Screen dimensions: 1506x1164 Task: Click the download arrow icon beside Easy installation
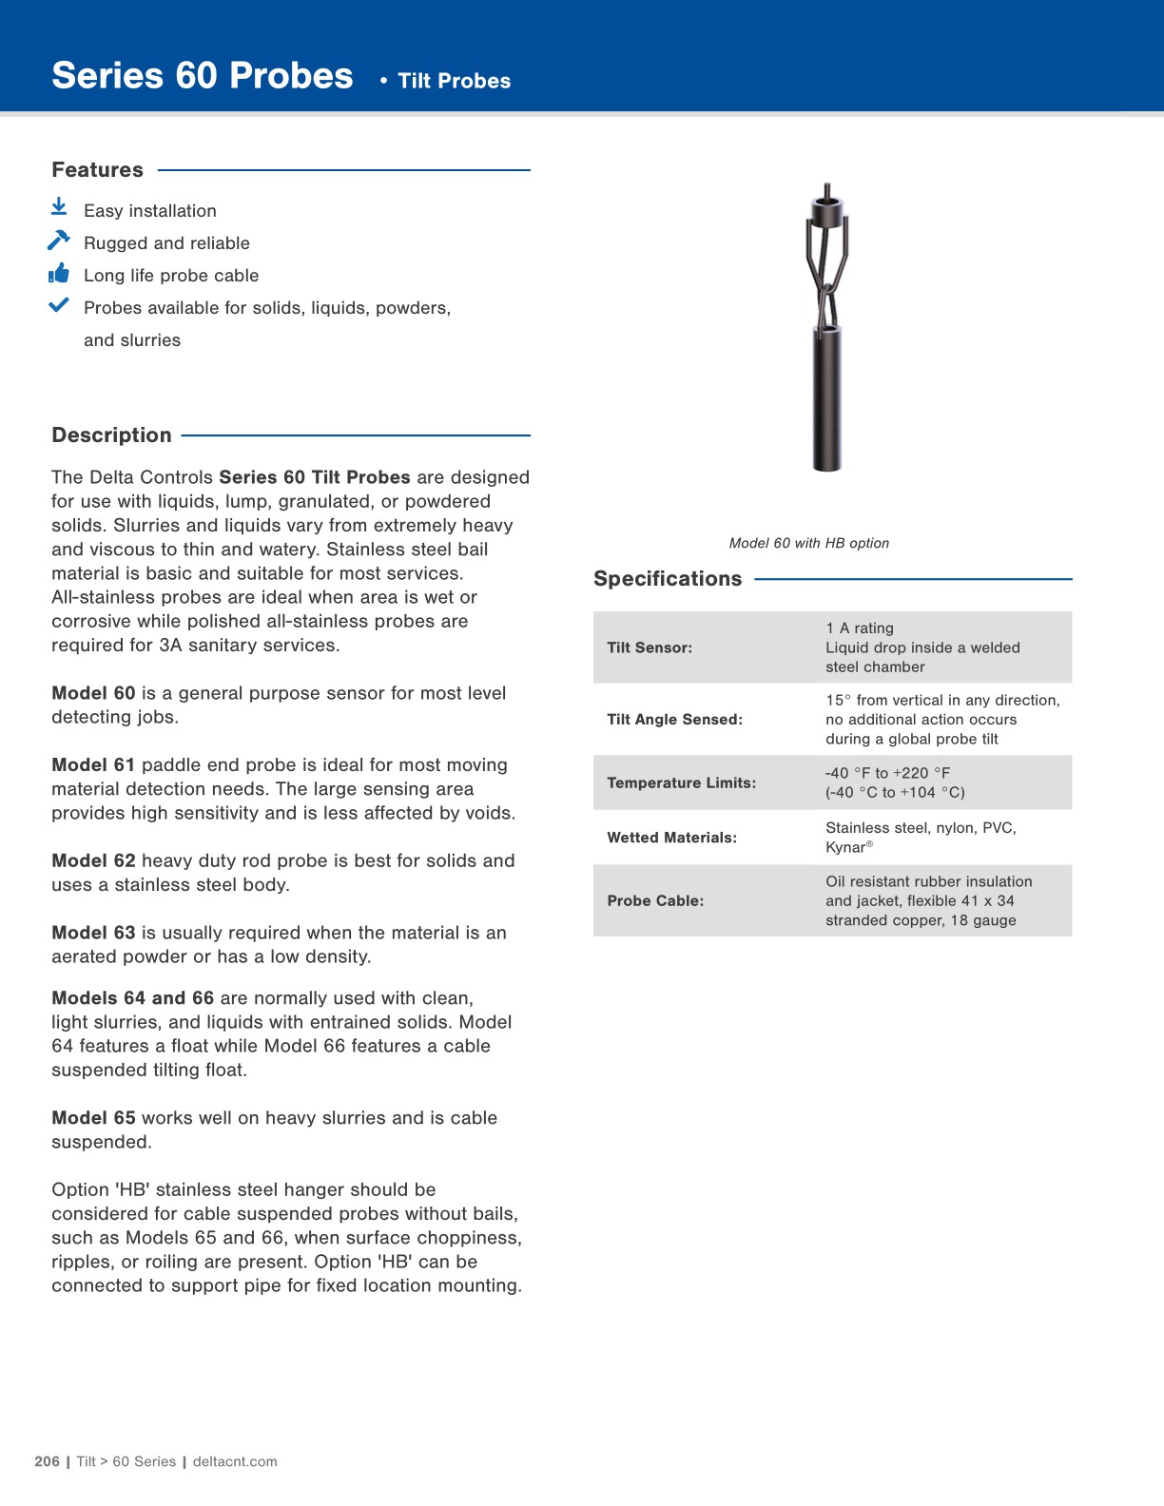59,206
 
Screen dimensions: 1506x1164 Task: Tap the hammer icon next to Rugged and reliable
58,240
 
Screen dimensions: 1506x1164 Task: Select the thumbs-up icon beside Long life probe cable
59,274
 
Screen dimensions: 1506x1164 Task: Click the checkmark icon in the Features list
59,305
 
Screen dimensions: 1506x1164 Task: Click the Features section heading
97,170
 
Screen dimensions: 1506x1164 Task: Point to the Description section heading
111,435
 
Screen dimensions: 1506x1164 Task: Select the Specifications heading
667,579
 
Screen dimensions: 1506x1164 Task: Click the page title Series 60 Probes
202,76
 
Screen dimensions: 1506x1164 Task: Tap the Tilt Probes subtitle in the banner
454,81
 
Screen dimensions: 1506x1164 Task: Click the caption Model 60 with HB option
808,543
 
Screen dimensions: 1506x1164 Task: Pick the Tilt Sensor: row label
650,647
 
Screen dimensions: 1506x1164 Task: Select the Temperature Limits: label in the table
681,782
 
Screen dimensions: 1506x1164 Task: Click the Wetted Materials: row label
671,838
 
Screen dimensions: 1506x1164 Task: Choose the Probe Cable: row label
655,900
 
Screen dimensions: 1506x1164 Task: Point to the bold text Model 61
93,765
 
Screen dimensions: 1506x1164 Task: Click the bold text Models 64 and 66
132,998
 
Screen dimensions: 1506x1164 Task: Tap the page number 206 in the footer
47,1461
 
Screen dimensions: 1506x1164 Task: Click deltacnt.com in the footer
235,1461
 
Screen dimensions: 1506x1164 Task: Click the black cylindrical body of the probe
826,399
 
